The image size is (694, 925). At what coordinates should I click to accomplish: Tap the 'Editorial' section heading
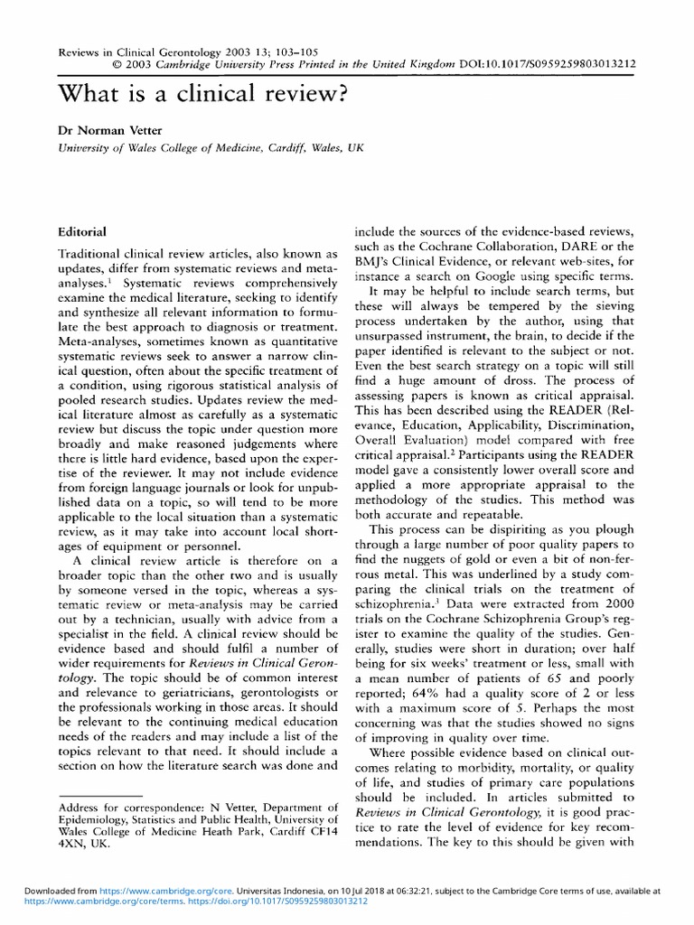tap(82, 232)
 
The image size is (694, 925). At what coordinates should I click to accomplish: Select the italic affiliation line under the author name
tap(204, 150)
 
